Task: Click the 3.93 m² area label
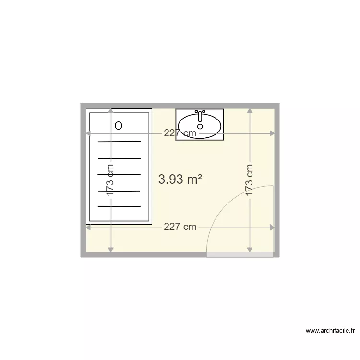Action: click(x=180, y=180)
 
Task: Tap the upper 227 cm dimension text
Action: click(x=180, y=133)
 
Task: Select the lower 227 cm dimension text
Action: click(x=180, y=227)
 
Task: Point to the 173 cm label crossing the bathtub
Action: click(x=111, y=180)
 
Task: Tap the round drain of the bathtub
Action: click(x=119, y=126)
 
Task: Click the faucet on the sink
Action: click(x=200, y=114)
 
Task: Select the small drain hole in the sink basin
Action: click(x=200, y=127)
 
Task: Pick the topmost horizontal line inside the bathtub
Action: click(x=120, y=142)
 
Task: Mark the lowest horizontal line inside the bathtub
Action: click(x=120, y=206)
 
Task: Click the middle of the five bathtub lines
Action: click(x=120, y=174)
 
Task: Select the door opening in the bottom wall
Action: click(x=240, y=254)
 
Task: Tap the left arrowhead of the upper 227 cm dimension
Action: click(x=88, y=133)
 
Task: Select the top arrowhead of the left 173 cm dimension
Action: click(x=111, y=111)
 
